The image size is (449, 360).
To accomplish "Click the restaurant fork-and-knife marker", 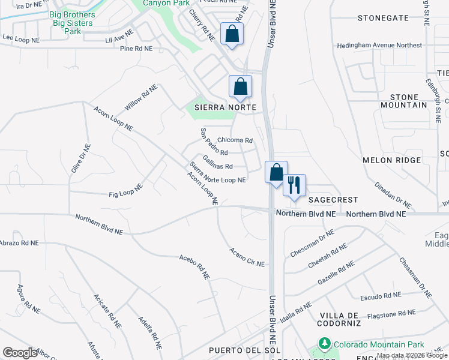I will click(294, 184).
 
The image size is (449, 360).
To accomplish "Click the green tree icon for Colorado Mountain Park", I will click(325, 344).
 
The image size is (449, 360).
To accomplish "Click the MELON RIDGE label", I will click(392, 160).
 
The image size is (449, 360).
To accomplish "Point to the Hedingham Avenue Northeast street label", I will click(379, 45).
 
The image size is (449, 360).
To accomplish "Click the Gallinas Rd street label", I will click(218, 162).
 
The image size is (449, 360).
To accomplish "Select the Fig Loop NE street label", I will click(125, 191).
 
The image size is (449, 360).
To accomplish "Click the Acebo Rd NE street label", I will click(194, 266).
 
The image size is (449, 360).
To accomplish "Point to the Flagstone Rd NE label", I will click(391, 313).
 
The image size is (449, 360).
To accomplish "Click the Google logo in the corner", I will click(20, 353).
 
